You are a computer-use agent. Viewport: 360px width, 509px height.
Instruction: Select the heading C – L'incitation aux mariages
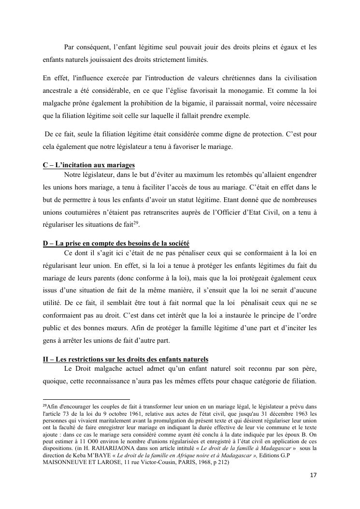[88, 165]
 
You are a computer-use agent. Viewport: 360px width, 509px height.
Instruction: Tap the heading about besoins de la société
[116, 243]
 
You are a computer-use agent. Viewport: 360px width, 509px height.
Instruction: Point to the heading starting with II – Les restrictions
[126, 359]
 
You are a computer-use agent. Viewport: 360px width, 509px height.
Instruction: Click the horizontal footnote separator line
[86, 399]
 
